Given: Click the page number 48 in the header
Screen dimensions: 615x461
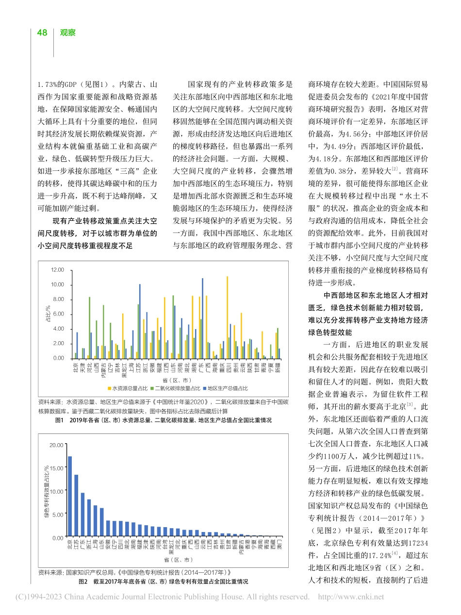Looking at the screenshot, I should point(42,33).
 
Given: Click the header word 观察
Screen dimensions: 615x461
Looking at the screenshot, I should point(67,33).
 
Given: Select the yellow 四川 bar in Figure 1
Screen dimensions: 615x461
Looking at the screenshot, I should point(227,317).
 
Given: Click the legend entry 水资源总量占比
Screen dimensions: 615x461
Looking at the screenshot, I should point(129,388).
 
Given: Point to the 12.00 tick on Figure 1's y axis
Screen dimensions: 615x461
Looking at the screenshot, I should point(57,269).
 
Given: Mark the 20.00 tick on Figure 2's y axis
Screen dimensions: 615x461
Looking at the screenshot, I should point(57,445).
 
